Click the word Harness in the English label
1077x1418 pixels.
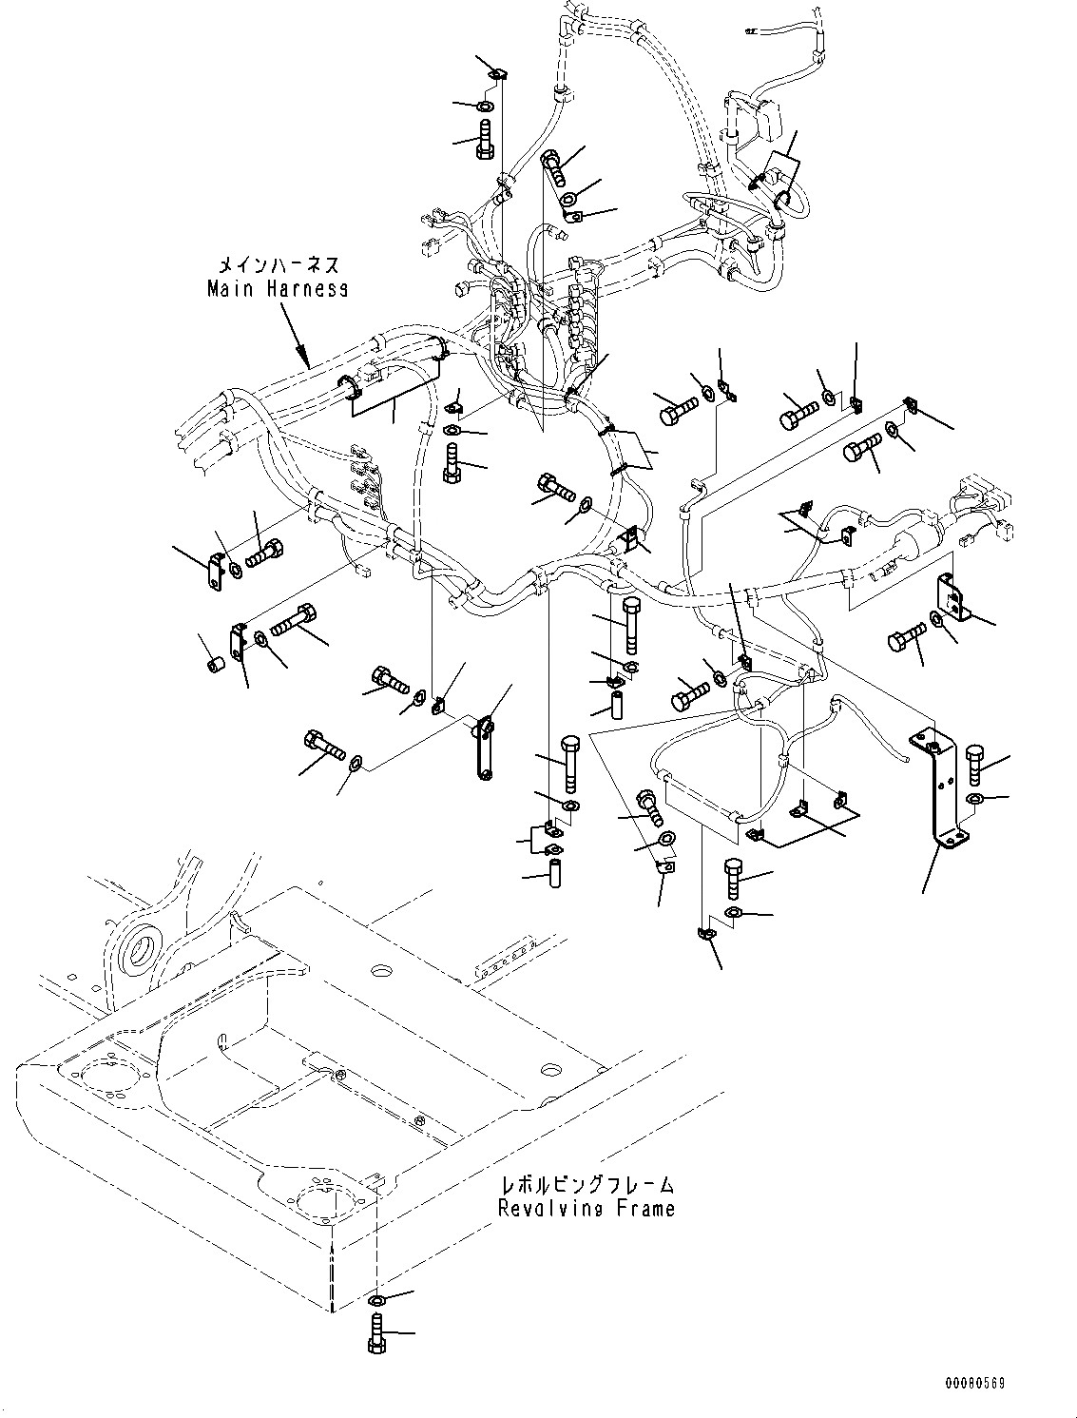[303, 288]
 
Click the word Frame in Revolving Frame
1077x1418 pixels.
[645, 1209]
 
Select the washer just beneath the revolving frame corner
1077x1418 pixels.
[375, 1299]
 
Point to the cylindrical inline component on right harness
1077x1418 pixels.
[914, 548]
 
